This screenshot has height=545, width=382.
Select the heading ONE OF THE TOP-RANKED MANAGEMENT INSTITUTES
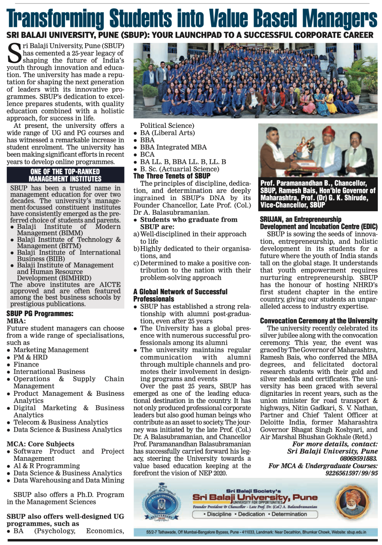click(x=65, y=175)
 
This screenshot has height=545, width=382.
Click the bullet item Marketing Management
click(x=51, y=350)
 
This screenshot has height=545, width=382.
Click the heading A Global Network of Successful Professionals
click(x=180, y=295)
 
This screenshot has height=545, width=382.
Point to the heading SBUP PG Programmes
click(x=40, y=313)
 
